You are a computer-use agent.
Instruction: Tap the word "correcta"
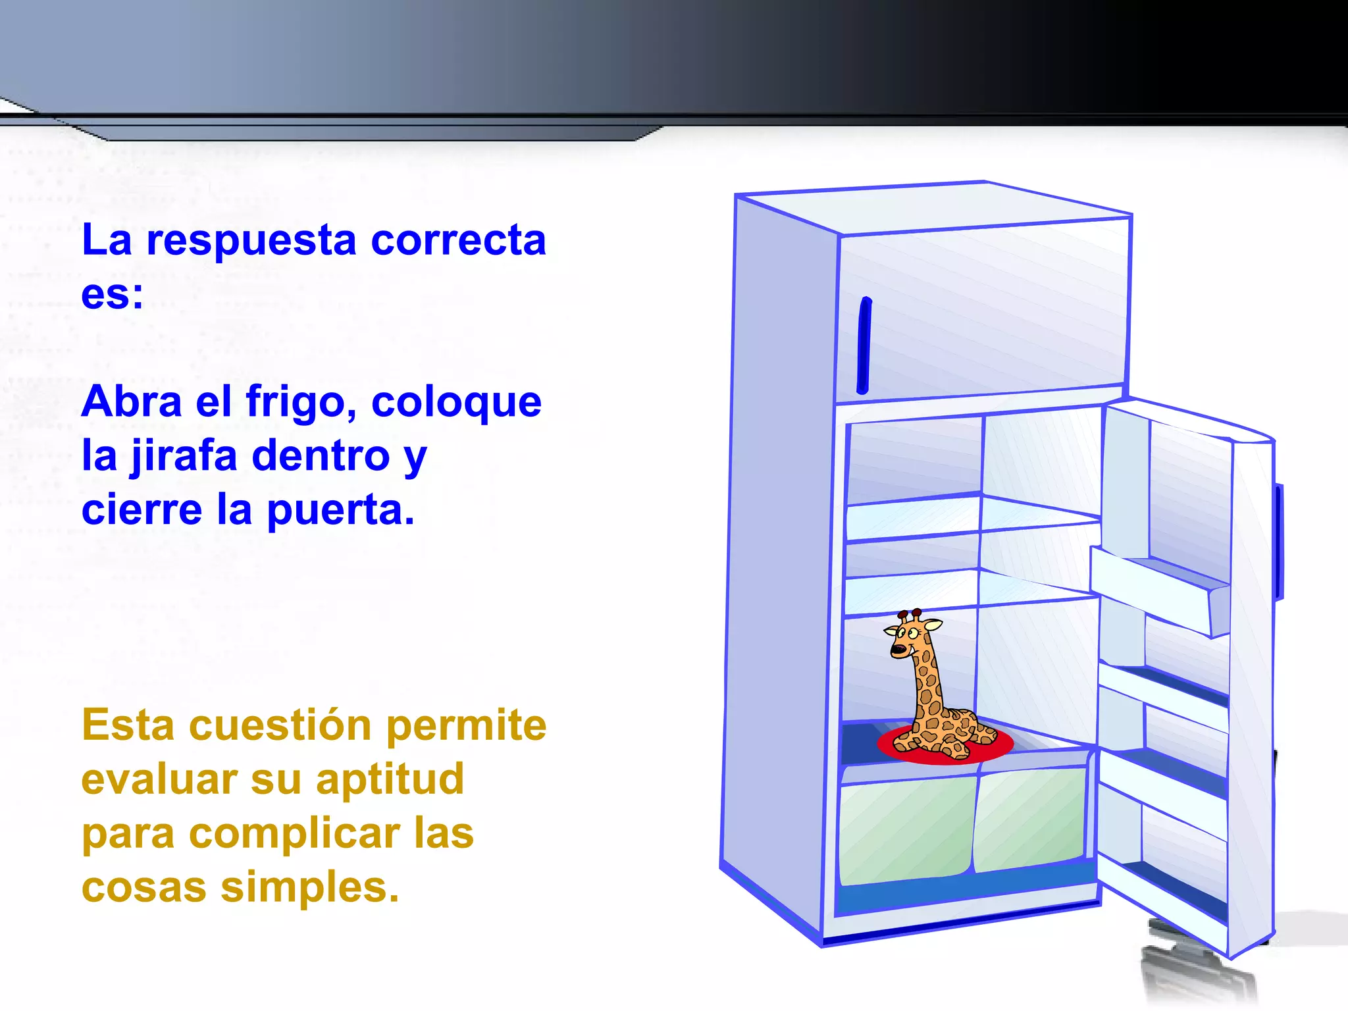tap(458, 241)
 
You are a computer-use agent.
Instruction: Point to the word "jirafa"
tap(183, 457)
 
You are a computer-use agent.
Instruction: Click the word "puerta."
tap(340, 511)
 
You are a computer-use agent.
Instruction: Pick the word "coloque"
tap(456, 403)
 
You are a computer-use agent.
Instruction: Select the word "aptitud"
tap(390, 781)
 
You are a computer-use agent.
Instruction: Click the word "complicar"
tap(296, 835)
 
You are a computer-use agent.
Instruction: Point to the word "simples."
tap(309, 889)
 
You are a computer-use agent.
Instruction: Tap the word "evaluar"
tap(159, 781)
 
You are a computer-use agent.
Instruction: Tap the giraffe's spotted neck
tap(927, 685)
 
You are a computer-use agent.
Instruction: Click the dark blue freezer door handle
tap(864, 346)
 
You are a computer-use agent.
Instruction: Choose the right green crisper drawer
tap(1030, 819)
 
